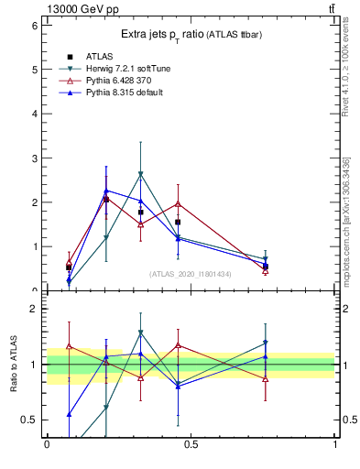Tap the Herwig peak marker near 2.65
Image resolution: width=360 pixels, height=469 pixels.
(x=140, y=174)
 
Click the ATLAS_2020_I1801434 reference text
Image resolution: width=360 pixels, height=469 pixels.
(x=191, y=274)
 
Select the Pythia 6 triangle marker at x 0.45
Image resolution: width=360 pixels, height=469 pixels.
(x=178, y=203)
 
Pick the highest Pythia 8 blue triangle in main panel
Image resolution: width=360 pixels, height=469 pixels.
(x=106, y=191)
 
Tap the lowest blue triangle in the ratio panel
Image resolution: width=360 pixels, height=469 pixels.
(x=69, y=415)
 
